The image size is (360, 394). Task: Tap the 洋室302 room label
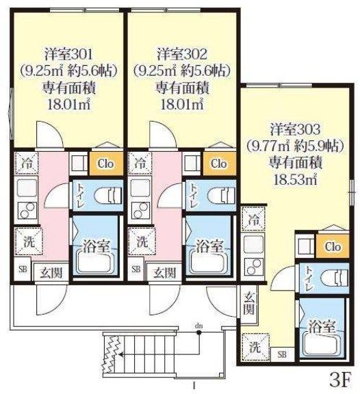[x=181, y=53]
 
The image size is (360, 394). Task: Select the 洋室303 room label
[x=295, y=129]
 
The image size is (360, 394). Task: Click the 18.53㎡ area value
[x=295, y=179]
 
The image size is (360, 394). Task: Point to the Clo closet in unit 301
[x=105, y=164]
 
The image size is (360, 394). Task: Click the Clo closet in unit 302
[x=218, y=164]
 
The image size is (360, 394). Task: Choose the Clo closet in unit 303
[x=333, y=246]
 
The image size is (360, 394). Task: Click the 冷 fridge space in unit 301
[x=27, y=164]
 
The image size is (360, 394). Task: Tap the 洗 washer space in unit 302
[x=140, y=241]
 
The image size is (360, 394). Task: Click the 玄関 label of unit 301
[x=47, y=272]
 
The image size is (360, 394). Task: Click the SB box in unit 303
[x=281, y=354]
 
